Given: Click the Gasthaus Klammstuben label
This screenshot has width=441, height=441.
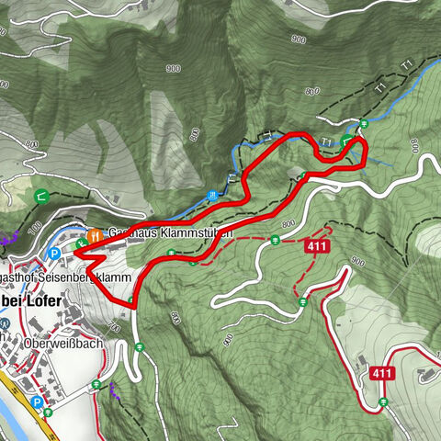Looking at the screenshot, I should click(x=170, y=233).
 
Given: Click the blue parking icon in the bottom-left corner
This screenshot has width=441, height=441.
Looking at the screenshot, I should click(x=36, y=402).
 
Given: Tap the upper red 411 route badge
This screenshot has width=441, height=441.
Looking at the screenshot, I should click(x=317, y=246).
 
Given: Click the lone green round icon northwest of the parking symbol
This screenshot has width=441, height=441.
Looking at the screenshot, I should click(x=41, y=195).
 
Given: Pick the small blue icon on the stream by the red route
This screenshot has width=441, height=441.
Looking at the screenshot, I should click(x=213, y=195).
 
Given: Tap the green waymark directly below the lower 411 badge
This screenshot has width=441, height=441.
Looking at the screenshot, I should click(x=380, y=401).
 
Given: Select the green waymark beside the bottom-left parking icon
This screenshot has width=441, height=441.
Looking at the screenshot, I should click(x=48, y=412).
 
